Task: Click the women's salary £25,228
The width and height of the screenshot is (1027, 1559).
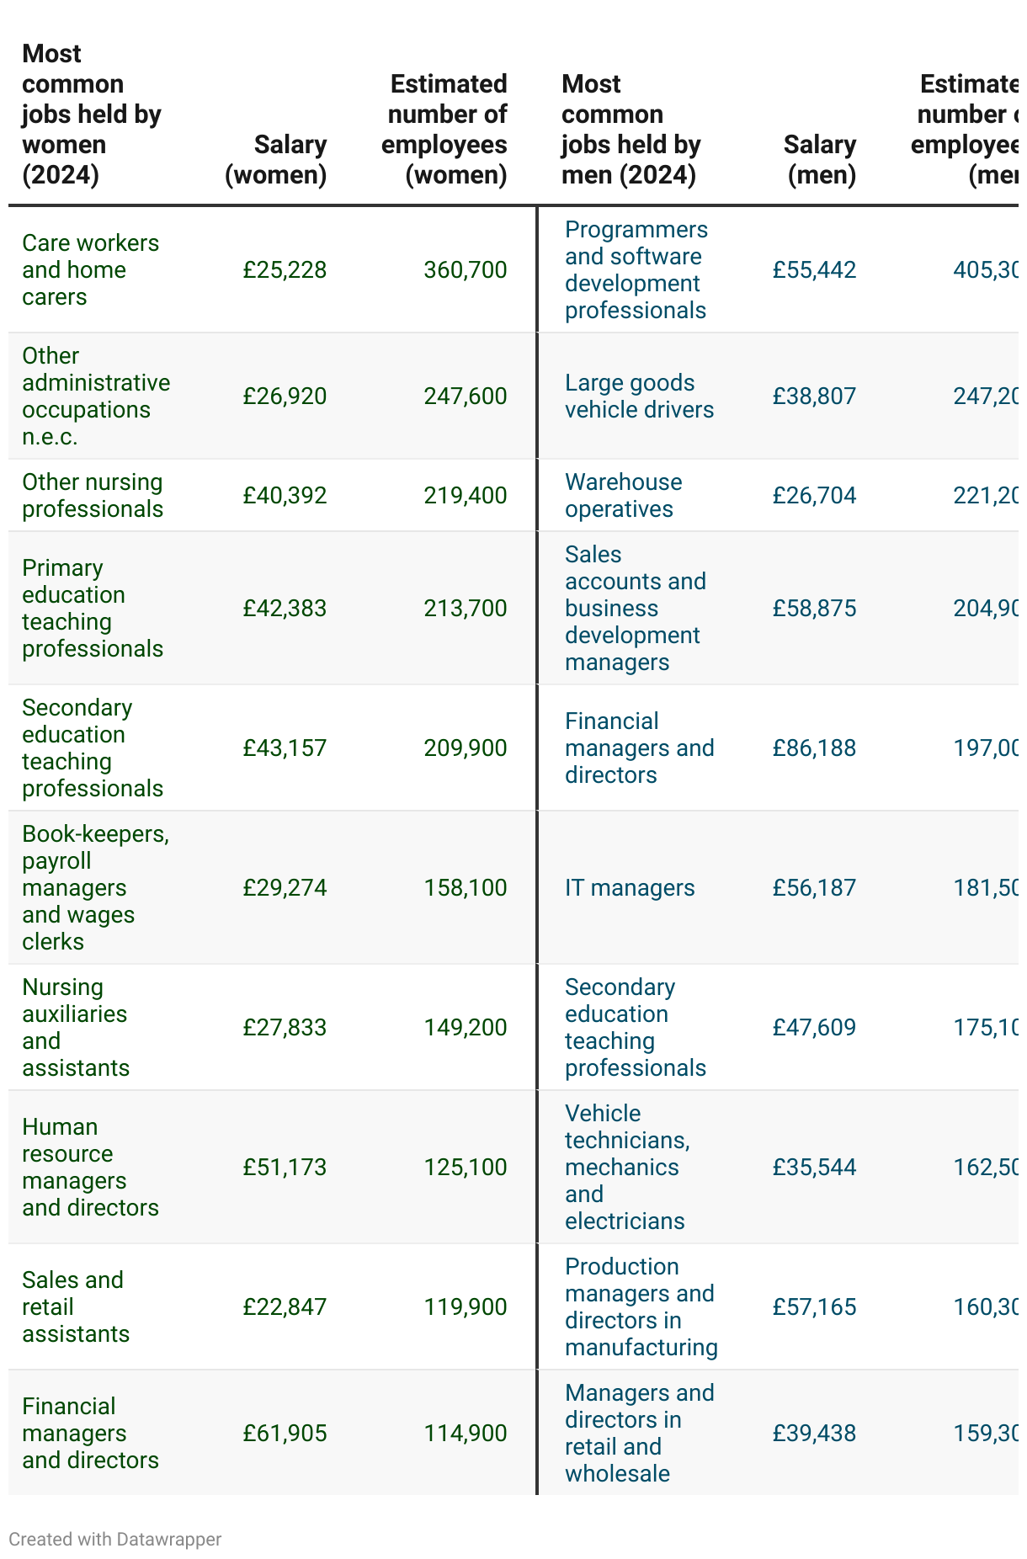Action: tap(285, 270)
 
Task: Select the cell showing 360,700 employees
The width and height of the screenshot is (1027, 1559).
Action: tap(466, 270)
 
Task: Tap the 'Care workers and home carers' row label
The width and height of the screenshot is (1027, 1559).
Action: tap(90, 270)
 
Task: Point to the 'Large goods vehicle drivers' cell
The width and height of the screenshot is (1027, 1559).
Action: tap(639, 396)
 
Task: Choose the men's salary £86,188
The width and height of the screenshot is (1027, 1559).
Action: tap(814, 748)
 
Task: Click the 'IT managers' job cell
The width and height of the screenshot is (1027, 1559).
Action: tap(630, 888)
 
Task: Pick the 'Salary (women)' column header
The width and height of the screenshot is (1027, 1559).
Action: tap(276, 160)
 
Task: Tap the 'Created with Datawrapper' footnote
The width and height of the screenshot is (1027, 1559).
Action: tap(115, 1540)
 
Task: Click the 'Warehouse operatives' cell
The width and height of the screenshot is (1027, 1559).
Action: tap(623, 496)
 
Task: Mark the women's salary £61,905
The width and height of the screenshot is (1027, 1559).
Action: tap(285, 1434)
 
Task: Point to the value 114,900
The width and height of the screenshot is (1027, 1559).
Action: tap(466, 1434)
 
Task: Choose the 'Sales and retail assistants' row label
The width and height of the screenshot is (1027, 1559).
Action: tap(76, 1307)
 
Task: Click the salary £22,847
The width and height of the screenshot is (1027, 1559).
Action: tap(285, 1307)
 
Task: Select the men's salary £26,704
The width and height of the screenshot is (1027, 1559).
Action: tap(814, 496)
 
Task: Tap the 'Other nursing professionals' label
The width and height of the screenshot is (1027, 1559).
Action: tap(93, 496)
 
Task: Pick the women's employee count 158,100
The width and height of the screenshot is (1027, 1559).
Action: tap(466, 888)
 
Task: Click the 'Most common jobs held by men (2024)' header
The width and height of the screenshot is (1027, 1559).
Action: tap(631, 130)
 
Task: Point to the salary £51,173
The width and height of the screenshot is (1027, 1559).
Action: tap(285, 1168)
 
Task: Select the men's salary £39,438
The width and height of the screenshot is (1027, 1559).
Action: tap(814, 1434)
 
